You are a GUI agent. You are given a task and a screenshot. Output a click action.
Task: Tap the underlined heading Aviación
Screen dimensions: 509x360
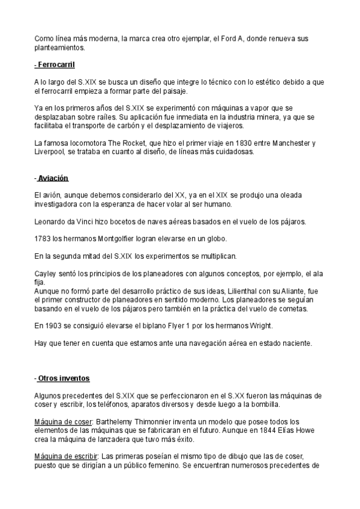53,178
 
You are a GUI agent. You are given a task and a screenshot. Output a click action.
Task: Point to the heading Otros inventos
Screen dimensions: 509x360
63,378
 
